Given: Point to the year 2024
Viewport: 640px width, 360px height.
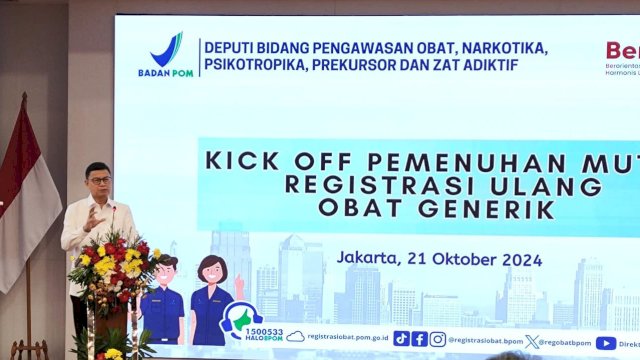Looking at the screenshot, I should tap(518, 259).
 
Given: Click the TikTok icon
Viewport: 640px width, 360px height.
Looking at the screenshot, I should tap(401, 339).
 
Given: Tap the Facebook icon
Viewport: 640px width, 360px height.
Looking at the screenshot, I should tap(420, 339).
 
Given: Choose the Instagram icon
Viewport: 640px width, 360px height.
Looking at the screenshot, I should tap(438, 339).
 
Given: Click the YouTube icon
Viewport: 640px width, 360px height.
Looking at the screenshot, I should tap(606, 342).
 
